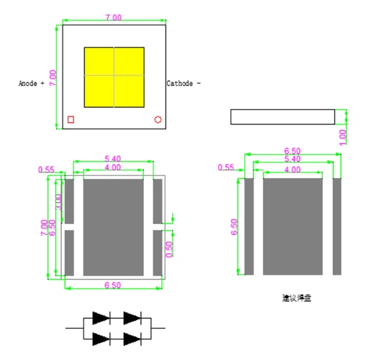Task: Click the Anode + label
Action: tap(31, 84)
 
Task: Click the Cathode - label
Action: tap(183, 84)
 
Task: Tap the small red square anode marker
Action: tap(71, 119)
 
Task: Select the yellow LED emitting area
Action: tap(114, 75)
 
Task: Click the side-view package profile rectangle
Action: tap(282, 116)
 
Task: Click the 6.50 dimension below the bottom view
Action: tap(113, 286)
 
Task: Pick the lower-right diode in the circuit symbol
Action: tap(131, 337)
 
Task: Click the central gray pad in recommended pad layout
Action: tap(291, 226)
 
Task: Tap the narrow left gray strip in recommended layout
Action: tap(249, 226)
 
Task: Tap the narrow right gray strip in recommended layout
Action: tap(336, 226)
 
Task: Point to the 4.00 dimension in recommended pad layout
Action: tap(291, 169)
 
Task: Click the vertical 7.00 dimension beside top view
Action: tap(52, 76)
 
